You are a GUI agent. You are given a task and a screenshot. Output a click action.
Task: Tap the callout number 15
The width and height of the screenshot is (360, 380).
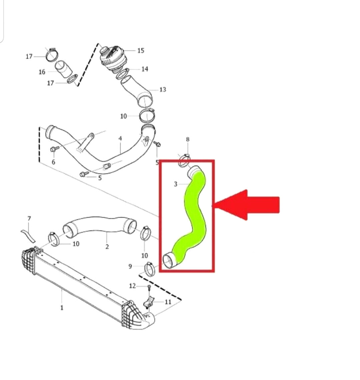point(141,50)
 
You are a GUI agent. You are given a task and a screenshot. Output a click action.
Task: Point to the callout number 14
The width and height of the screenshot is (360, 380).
point(145,69)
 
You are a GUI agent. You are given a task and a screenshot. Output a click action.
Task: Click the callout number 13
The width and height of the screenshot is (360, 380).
point(163,89)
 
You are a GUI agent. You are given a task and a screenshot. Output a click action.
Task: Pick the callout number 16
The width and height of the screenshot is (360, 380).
point(42,72)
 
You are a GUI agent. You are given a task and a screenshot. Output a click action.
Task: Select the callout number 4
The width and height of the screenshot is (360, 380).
point(120,138)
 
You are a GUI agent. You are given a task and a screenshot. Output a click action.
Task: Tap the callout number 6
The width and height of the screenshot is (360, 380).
point(53,162)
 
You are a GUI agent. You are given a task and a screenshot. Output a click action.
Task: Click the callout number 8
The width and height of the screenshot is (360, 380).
point(188,139)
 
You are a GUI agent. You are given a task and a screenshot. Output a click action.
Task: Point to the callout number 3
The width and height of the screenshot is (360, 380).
point(176,184)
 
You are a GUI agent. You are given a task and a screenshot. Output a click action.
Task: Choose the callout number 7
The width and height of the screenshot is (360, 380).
point(29,219)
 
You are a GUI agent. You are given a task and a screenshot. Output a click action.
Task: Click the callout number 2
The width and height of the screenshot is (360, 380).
point(107,247)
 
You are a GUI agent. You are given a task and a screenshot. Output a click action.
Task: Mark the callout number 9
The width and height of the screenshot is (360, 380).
point(130,266)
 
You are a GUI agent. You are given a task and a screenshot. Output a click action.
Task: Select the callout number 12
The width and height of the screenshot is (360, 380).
point(133,286)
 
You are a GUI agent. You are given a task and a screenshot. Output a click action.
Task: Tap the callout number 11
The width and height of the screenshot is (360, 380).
point(168,302)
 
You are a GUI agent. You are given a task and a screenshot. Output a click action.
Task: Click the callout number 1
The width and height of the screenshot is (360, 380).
point(62,308)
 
